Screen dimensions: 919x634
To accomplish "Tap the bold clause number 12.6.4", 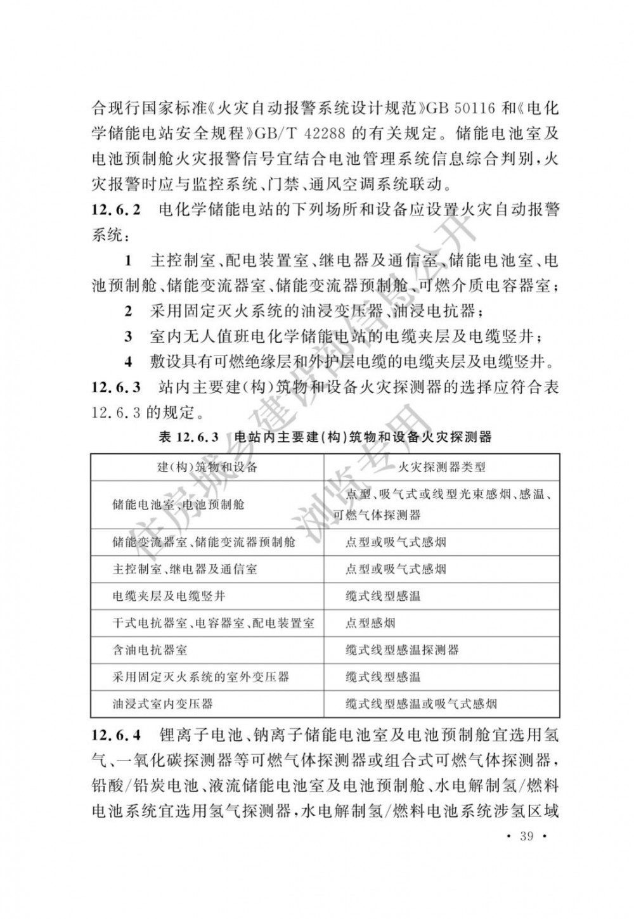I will pyautogui.click(x=117, y=736).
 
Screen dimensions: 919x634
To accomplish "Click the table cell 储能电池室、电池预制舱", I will pyautogui.click(x=178, y=505).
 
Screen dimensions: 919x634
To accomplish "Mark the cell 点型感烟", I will pyautogui.click(x=370, y=623).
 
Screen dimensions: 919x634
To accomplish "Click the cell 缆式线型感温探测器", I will pyautogui.click(x=402, y=650).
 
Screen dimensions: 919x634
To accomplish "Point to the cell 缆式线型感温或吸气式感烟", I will pyautogui.click(x=421, y=704).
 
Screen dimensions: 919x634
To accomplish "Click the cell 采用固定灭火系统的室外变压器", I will pyautogui.click(x=200, y=677).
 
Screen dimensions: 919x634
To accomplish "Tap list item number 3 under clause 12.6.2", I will pyautogui.click(x=128, y=336).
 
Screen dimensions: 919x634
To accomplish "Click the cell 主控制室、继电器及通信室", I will pyautogui.click(x=184, y=569).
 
